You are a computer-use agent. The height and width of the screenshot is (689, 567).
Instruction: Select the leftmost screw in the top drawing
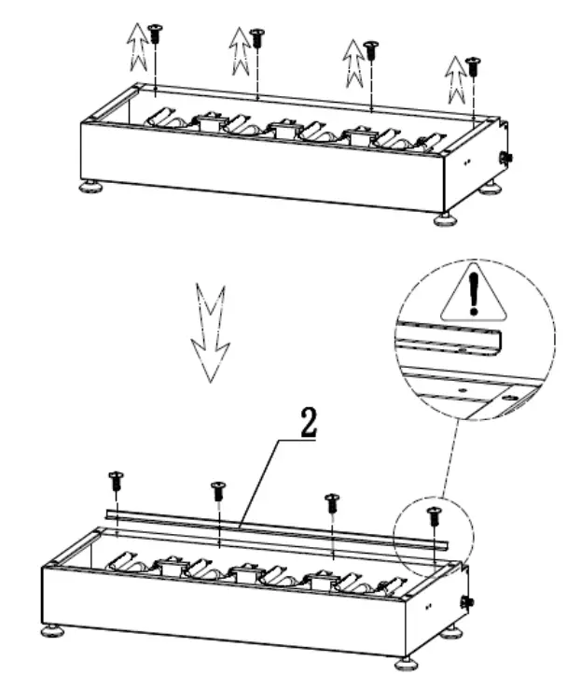(x=155, y=34)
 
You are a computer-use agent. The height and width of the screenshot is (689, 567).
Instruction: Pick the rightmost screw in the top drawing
(x=473, y=64)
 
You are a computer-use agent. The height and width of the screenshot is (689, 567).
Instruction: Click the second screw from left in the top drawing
(x=256, y=38)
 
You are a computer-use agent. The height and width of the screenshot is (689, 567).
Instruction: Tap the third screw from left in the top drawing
(x=371, y=48)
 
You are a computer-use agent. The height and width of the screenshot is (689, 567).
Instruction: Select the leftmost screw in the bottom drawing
(x=116, y=480)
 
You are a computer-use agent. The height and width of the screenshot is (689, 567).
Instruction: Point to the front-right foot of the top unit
(x=447, y=219)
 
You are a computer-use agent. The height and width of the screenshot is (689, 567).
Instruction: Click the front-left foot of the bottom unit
(x=52, y=631)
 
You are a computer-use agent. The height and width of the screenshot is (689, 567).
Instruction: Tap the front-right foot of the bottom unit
(x=407, y=664)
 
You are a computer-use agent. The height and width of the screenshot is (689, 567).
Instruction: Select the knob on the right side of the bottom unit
(x=466, y=603)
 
